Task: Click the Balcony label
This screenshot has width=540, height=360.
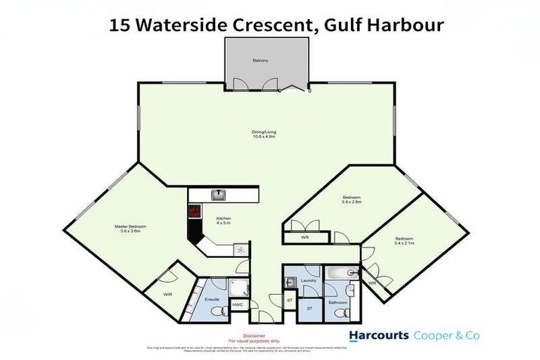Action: pos(260,61)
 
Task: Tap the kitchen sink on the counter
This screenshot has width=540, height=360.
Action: pos(218,195)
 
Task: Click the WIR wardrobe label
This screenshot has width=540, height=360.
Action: pos(167,294)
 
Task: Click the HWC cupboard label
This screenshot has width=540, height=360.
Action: pos(237,304)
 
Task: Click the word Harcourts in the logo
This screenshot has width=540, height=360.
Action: pos(378,335)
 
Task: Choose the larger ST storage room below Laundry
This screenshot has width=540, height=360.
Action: pos(308,308)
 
